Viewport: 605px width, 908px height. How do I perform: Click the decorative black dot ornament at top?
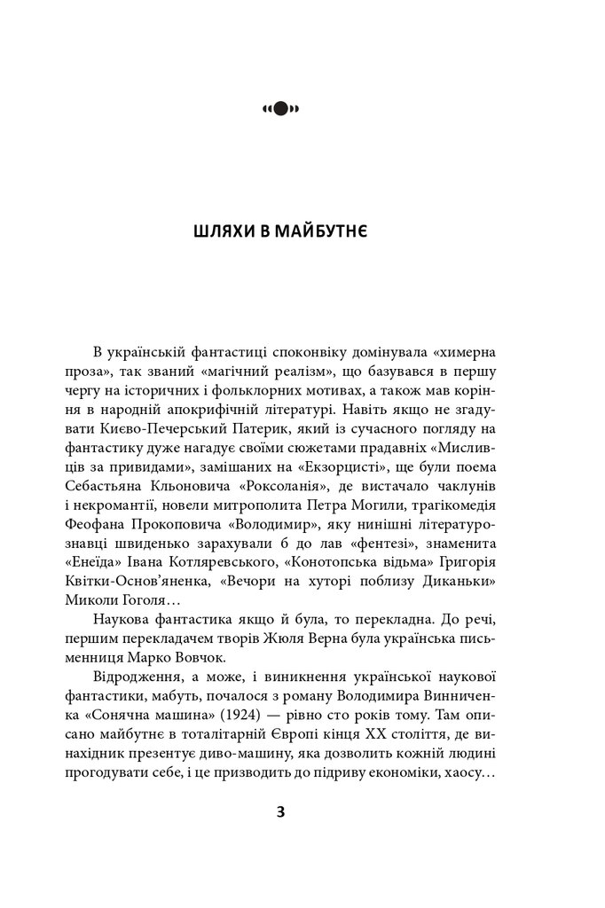(280, 109)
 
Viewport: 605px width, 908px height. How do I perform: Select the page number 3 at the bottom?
(280, 811)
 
